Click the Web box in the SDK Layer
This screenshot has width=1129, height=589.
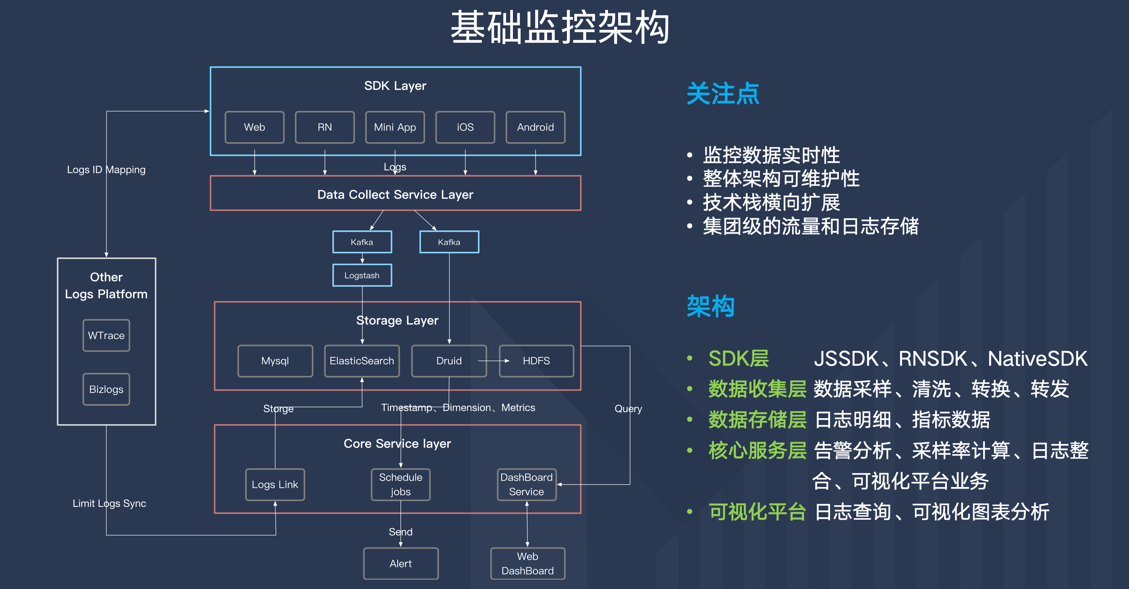254,127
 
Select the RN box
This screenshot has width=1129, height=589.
324,127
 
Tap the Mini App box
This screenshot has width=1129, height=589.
395,127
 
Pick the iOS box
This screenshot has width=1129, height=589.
465,127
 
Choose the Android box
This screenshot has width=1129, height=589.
535,127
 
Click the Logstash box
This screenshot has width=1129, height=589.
362,275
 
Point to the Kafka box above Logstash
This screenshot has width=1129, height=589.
362,242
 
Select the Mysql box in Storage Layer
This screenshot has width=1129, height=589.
275,361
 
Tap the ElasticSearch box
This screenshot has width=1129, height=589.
361,361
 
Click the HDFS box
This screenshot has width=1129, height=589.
536,361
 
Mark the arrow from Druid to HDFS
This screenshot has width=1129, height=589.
494,361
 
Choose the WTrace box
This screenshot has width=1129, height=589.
106,335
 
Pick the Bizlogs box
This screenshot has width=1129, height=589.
106,389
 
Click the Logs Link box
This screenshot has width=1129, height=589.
275,484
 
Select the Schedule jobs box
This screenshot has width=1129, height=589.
401,484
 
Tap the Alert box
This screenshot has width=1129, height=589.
401,563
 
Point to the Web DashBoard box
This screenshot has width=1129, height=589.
527,563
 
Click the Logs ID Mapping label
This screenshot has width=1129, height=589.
106,170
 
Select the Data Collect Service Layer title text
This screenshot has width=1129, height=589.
395,194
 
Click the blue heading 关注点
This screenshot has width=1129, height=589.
722,93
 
